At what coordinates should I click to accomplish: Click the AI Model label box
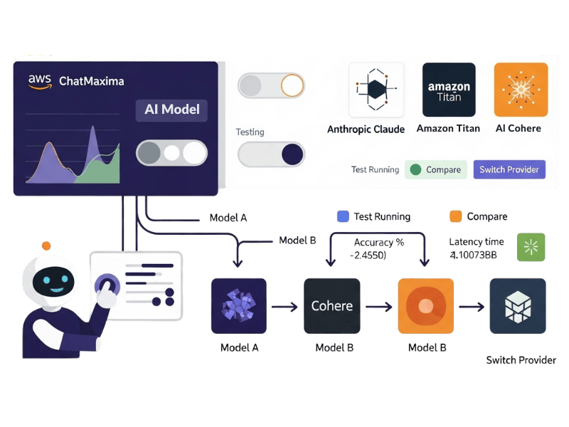[171, 110]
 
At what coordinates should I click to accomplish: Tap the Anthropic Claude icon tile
[376, 90]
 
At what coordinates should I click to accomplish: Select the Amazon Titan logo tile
[449, 90]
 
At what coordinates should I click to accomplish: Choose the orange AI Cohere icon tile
[521, 90]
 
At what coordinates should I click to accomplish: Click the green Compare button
[436, 169]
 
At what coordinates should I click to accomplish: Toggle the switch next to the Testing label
[271, 154]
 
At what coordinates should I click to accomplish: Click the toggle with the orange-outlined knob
[271, 85]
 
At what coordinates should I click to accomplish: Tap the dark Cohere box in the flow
[332, 306]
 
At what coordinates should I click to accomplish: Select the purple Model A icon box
[239, 306]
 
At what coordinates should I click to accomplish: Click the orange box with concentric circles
[425, 306]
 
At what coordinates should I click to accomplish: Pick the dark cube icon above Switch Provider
[518, 306]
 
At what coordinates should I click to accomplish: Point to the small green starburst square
[531, 246]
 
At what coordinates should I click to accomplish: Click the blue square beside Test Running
[343, 216]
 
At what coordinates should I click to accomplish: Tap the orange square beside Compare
[456, 216]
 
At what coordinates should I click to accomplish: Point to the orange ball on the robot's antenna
[46, 246]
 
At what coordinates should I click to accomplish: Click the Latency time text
[477, 242]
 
